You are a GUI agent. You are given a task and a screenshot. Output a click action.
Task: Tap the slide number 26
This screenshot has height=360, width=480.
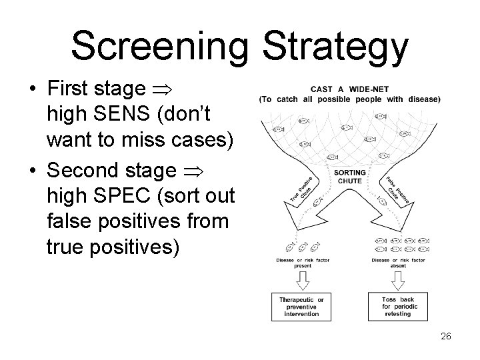coord(445,336)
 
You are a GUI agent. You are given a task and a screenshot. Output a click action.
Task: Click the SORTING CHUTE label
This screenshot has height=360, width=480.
coord(349,176)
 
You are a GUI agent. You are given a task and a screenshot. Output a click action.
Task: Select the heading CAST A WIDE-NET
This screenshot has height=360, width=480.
coord(349,89)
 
